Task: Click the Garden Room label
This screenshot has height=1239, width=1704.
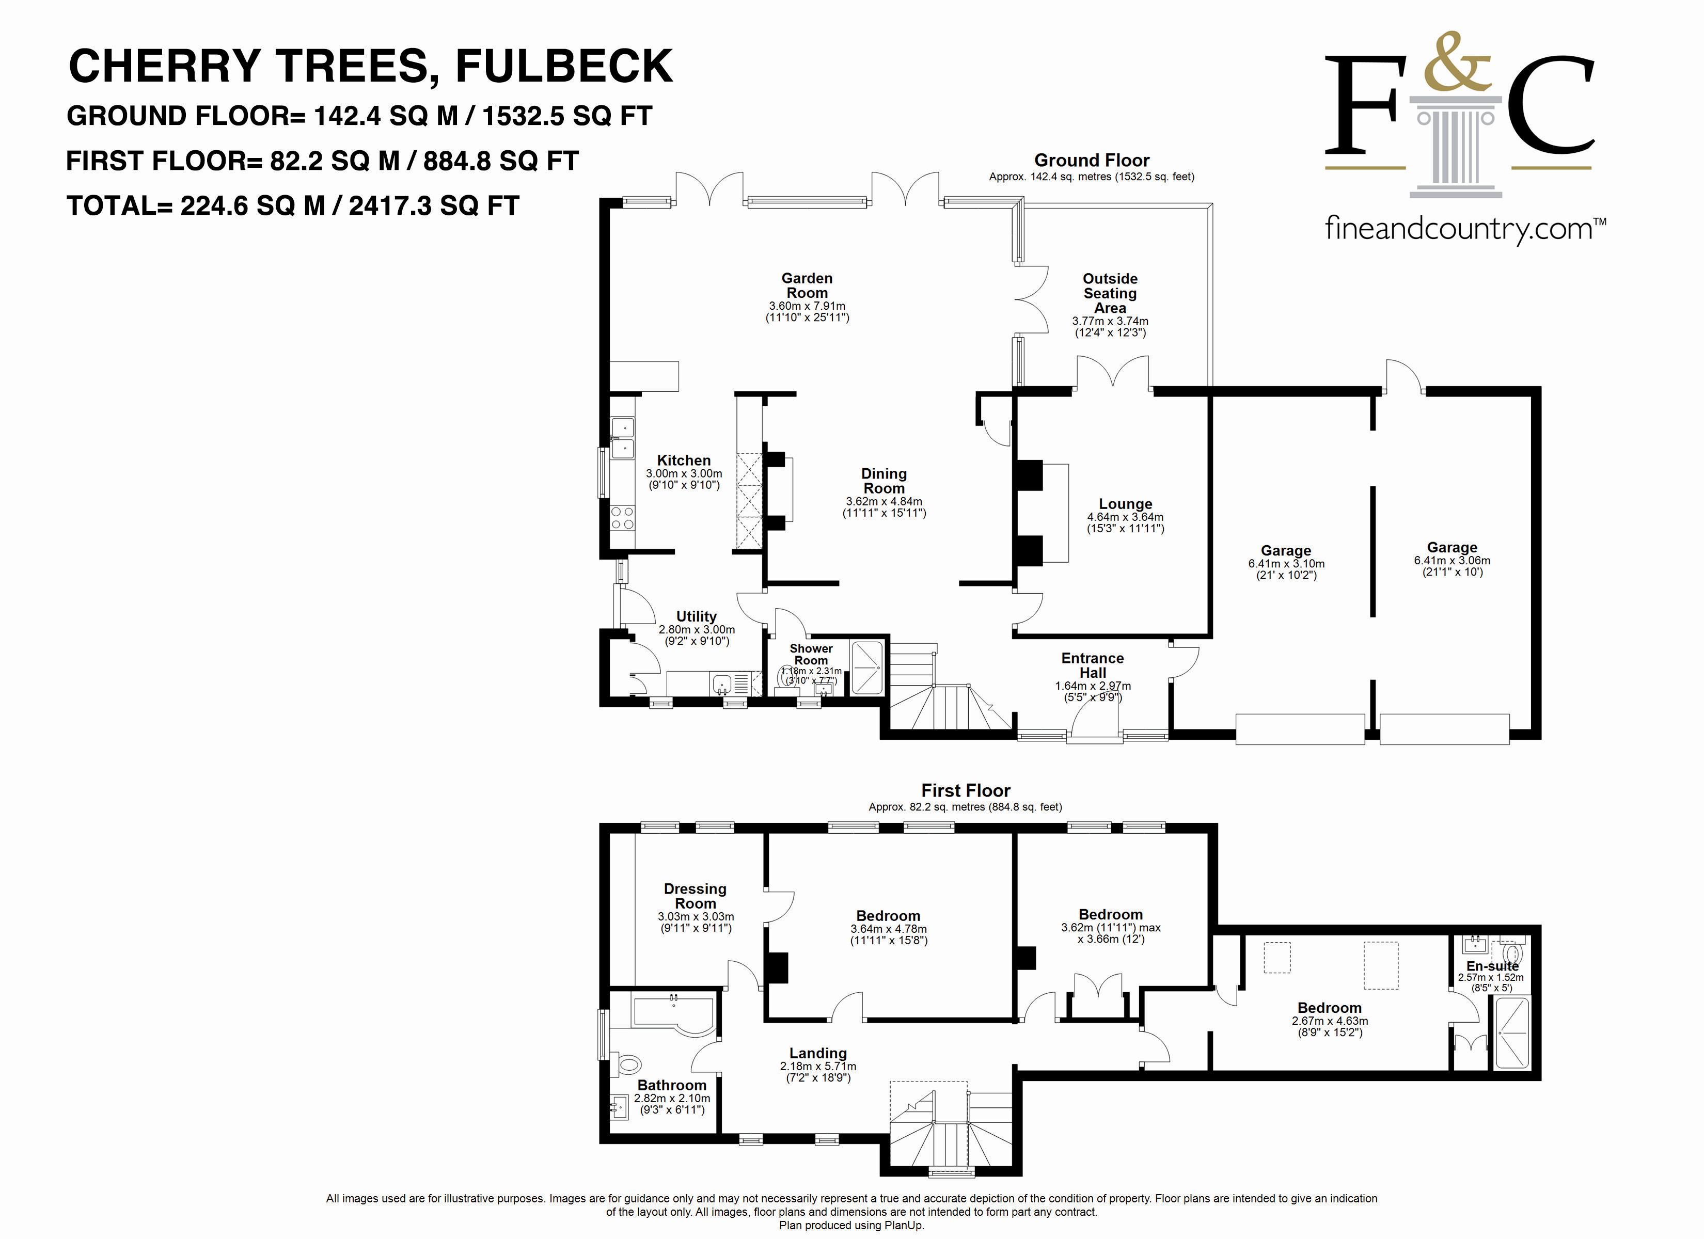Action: [x=807, y=285]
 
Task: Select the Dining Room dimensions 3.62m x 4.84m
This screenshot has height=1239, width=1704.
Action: [x=885, y=501]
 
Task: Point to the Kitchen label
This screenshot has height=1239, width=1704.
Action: [x=684, y=460]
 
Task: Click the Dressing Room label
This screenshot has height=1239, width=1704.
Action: [x=696, y=896]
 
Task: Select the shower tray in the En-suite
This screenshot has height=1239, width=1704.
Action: [x=1512, y=1032]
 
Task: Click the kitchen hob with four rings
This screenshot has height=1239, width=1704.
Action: [x=622, y=518]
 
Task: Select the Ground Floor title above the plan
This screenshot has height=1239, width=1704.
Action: [x=1092, y=160]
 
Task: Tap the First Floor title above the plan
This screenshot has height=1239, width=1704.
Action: [x=966, y=790]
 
